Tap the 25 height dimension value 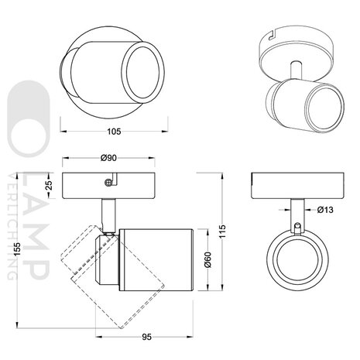pos(48,185)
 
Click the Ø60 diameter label pos(207,261)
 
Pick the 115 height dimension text pos(225,232)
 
